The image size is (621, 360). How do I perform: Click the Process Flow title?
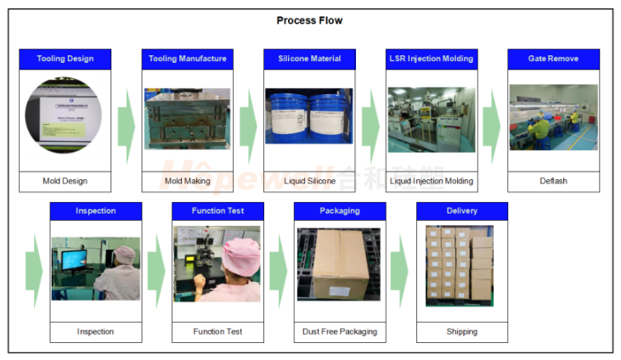(x=310, y=20)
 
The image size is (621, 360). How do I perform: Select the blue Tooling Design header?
(x=65, y=59)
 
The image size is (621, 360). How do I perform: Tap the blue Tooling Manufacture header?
(x=188, y=59)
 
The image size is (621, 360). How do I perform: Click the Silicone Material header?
(x=309, y=59)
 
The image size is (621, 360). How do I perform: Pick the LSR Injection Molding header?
(x=432, y=59)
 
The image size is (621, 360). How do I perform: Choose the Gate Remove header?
(x=554, y=59)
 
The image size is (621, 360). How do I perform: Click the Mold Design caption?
(x=65, y=181)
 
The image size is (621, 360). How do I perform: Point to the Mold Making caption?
(x=188, y=181)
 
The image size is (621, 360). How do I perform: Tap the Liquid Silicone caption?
(x=309, y=181)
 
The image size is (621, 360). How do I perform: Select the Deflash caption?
(x=554, y=181)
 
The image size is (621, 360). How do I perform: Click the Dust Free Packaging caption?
(x=340, y=331)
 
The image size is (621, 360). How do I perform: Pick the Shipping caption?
(x=462, y=331)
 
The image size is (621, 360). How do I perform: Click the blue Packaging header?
(x=340, y=211)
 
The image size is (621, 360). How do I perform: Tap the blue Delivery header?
(x=462, y=211)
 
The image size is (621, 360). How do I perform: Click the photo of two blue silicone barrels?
(x=309, y=116)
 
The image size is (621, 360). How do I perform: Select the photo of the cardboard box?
(x=340, y=264)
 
